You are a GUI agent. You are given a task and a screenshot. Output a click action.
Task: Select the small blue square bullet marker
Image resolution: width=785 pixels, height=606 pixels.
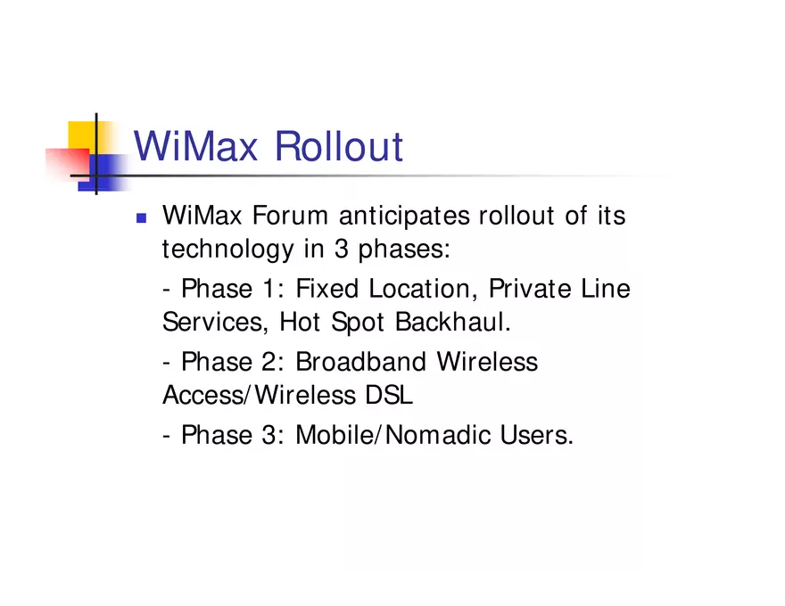point(140,217)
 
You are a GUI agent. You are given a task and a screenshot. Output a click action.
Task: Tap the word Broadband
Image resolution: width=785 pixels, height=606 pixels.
point(360,362)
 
